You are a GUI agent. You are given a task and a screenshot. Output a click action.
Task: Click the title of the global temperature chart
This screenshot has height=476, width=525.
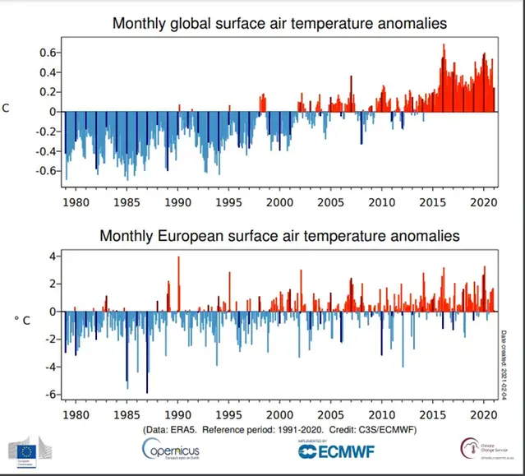(x=279, y=24)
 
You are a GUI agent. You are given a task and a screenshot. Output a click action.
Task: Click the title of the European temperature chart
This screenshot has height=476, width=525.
(x=279, y=236)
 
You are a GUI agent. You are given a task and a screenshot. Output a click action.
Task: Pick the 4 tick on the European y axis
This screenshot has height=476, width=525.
(x=50, y=256)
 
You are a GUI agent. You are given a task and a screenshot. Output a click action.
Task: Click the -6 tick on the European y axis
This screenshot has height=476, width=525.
(x=48, y=394)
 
